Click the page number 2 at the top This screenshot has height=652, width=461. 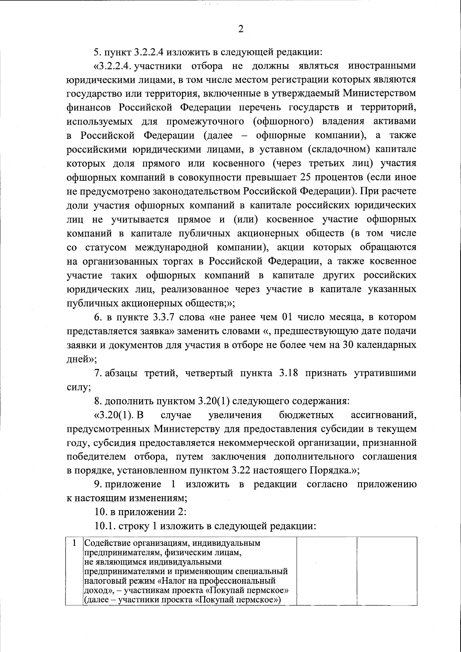point(241,29)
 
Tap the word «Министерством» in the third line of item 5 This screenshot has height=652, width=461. point(380,94)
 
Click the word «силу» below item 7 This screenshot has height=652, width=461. point(77,387)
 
